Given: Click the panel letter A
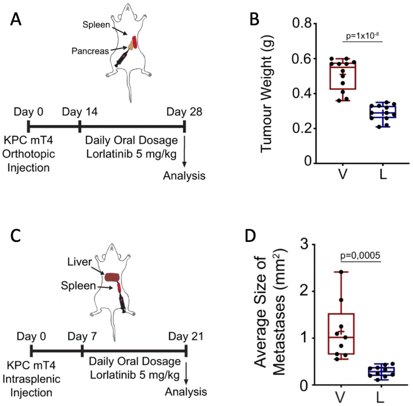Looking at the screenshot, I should point(16,19).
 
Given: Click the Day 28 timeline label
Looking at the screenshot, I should point(184,112).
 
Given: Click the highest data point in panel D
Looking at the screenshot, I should point(341,272).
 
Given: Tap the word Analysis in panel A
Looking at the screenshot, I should point(184,175).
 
